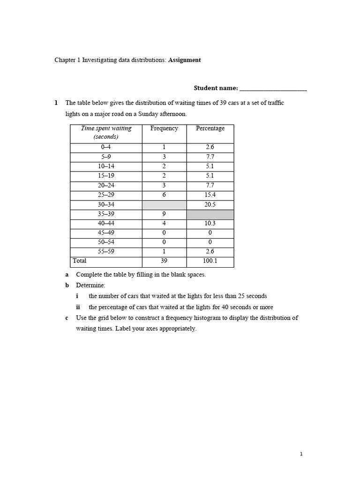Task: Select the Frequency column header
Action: pyautogui.click(x=164, y=128)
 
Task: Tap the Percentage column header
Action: pyautogui.click(x=210, y=128)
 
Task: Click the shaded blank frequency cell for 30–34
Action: pyautogui.click(x=164, y=205)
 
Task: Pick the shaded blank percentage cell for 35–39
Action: pyautogui.click(x=210, y=214)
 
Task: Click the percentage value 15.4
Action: pyautogui.click(x=210, y=195)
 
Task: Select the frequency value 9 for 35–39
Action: pyautogui.click(x=164, y=214)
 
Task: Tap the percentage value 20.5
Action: pyautogui.click(x=210, y=205)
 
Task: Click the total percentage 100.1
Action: pyautogui.click(x=210, y=261)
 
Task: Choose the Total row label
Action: pyautogui.click(x=80, y=261)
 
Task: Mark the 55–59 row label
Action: pyautogui.click(x=106, y=252)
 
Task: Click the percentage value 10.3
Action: pyautogui.click(x=210, y=224)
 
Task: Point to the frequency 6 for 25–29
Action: pyautogui.click(x=164, y=195)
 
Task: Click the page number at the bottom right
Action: pyautogui.click(x=301, y=454)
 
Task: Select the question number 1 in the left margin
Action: pyautogui.click(x=56, y=103)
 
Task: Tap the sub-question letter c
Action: pyautogui.click(x=67, y=318)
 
